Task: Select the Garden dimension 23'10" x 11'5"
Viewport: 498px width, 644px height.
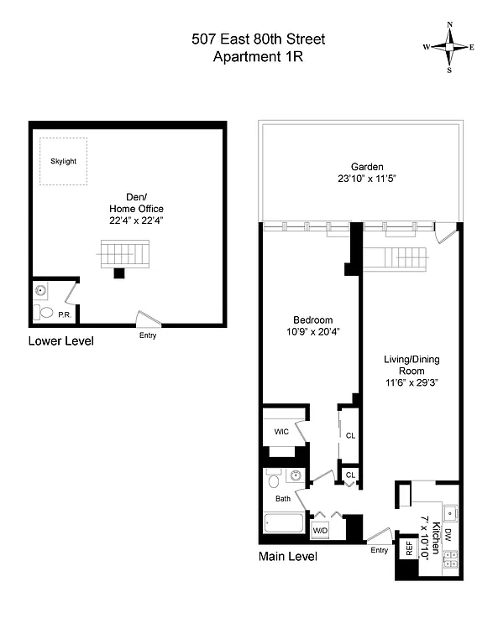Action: click(361, 179)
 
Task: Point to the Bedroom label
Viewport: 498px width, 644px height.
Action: click(312, 319)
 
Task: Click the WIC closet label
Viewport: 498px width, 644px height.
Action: click(281, 432)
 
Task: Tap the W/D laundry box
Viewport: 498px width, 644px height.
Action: click(320, 530)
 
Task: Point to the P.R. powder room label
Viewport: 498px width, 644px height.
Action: click(64, 315)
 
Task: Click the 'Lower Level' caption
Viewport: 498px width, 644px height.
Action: click(60, 341)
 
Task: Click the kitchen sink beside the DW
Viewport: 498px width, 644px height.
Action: click(450, 510)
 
